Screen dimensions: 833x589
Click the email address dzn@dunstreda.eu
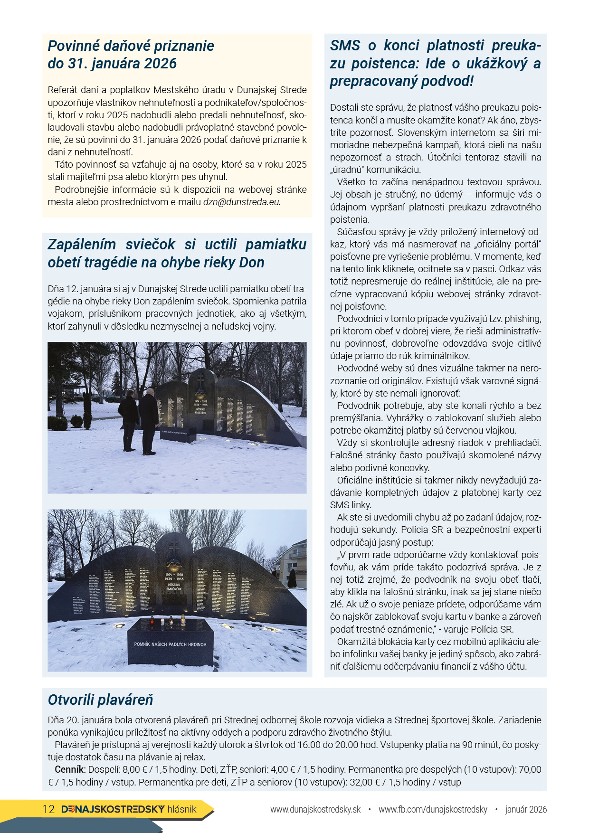[242, 202]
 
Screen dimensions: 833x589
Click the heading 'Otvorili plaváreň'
[100, 700]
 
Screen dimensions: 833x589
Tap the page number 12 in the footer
[48, 809]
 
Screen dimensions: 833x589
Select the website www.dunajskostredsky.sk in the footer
[315, 809]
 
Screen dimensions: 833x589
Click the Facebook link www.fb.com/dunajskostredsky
[433, 809]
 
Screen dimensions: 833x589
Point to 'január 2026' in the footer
[526, 809]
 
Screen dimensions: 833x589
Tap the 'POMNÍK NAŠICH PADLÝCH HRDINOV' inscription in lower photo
[170, 644]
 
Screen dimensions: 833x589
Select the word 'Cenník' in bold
[69, 769]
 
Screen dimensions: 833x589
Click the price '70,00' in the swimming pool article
[530, 769]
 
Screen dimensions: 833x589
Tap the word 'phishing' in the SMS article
[522, 319]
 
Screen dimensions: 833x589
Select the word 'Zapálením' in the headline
[82, 245]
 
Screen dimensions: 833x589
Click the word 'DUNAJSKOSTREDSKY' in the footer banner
[113, 809]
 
